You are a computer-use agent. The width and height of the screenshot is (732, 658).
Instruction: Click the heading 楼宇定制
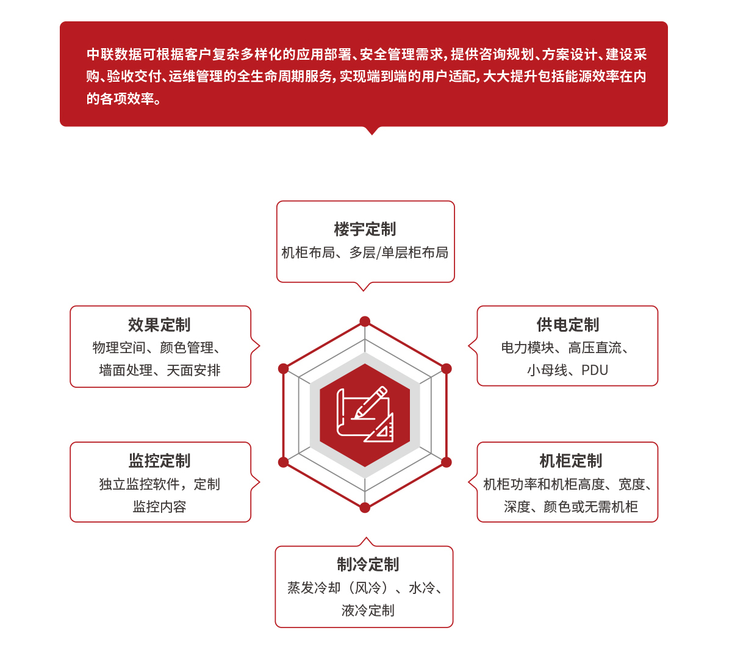365,229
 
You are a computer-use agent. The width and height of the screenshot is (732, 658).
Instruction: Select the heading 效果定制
159,325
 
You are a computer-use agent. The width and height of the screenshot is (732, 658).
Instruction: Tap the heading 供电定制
567,325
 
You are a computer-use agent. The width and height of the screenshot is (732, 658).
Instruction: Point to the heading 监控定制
159,461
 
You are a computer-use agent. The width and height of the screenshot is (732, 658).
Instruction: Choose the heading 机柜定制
571,461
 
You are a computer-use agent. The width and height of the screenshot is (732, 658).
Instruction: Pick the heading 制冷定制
367,565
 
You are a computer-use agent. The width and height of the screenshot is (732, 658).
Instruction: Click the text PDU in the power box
594,370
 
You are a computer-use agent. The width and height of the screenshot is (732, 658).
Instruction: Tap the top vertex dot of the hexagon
365,321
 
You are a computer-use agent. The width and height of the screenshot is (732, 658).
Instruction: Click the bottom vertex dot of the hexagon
365,507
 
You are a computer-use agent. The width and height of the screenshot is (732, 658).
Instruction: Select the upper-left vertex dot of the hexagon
284,368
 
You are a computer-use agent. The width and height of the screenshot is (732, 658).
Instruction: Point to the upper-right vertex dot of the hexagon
447,368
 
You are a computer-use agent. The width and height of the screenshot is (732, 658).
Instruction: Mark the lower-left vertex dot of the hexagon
284,462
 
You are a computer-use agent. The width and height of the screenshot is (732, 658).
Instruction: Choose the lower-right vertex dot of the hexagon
447,462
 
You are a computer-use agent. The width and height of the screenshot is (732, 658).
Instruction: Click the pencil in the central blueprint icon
371,402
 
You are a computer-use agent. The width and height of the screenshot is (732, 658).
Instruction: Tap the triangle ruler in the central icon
379,427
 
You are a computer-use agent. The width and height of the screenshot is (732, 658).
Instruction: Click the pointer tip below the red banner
372,135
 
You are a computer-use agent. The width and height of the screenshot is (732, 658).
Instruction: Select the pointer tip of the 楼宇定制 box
364,291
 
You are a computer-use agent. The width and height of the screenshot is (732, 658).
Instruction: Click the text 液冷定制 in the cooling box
368,610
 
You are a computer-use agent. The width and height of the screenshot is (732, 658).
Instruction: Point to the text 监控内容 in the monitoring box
159,507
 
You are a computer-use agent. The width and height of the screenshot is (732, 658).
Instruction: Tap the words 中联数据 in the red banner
114,54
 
